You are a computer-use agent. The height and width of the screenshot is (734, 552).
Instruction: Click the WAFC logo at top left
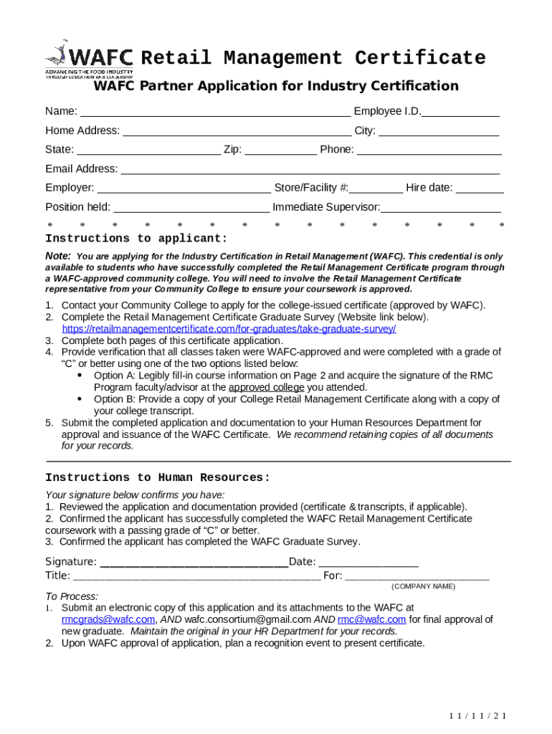point(89,58)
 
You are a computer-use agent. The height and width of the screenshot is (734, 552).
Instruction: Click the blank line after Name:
point(215,113)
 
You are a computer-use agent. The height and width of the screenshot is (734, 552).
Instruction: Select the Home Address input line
point(237,133)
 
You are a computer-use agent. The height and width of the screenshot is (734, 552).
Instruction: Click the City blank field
point(438,133)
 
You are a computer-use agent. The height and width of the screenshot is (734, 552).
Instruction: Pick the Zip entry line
point(280,151)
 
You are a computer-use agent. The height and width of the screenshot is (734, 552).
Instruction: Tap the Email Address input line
point(310,171)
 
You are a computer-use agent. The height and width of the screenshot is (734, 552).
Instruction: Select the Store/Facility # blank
point(376,190)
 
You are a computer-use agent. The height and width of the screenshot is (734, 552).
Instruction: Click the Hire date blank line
point(480,190)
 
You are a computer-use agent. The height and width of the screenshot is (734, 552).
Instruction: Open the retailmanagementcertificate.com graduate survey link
point(229,329)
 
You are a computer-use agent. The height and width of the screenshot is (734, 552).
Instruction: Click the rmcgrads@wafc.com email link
point(108,619)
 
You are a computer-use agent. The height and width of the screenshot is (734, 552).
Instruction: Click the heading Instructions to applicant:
point(136,239)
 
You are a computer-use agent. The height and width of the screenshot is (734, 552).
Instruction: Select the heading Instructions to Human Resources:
point(158,477)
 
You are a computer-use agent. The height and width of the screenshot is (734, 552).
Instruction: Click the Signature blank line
point(193,563)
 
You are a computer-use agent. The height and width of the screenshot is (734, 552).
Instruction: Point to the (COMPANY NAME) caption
point(423,586)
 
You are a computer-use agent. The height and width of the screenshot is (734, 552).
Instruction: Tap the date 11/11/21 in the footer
point(478,716)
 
